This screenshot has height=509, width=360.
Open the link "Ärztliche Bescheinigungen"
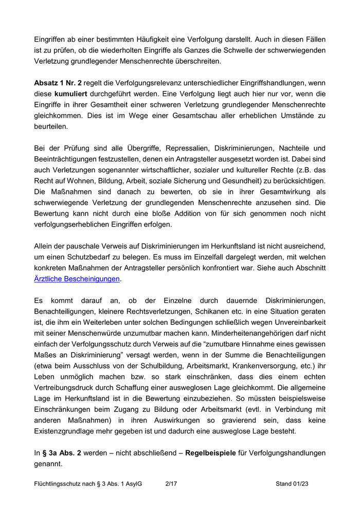pos(77,279)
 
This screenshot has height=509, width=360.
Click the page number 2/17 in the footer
pos(171,484)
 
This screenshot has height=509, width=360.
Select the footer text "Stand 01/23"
pos(292,484)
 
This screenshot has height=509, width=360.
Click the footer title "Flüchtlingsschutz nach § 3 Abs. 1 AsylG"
pos(87,484)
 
